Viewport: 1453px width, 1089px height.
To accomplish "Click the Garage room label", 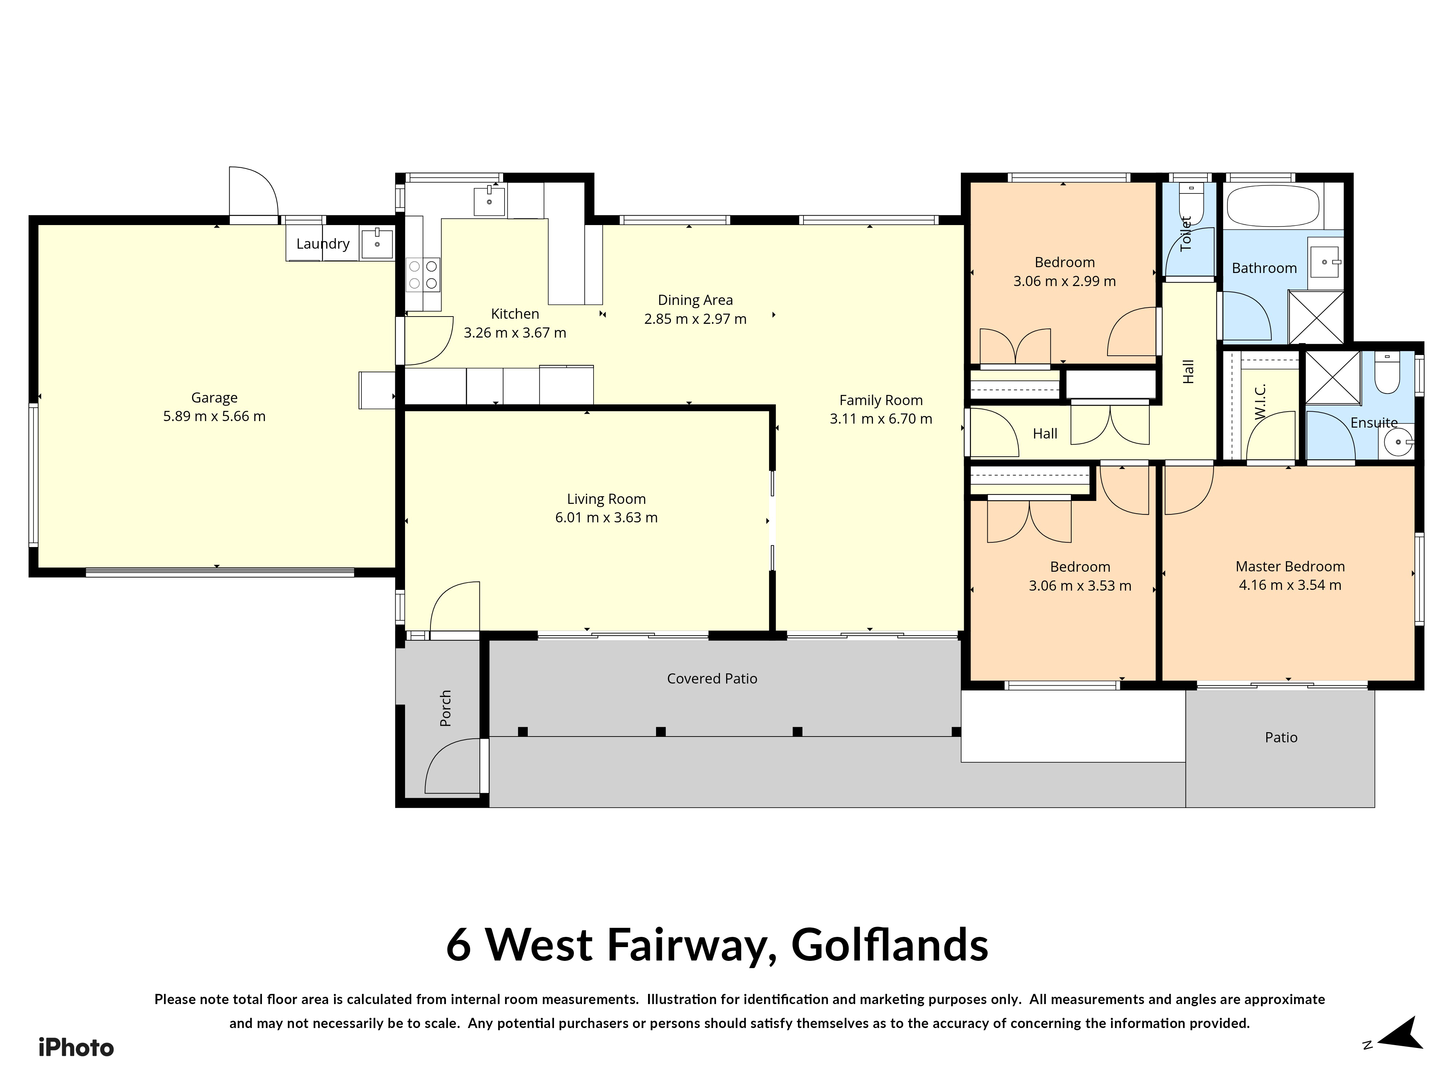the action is coord(214,398).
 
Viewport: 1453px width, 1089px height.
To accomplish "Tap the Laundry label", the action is coord(323,244).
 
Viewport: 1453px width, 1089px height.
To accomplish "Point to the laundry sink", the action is coord(377,244).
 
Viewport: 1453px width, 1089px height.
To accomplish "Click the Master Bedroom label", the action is coord(1290,567).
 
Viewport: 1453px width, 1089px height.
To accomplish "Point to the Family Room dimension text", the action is coord(881,419).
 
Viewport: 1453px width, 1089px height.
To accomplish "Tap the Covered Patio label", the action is coord(712,679).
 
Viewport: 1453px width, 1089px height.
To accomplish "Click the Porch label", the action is coord(445,708).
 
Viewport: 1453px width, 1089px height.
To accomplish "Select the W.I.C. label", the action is coord(1259,402).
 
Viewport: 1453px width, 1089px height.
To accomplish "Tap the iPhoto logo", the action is coord(76,1048).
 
